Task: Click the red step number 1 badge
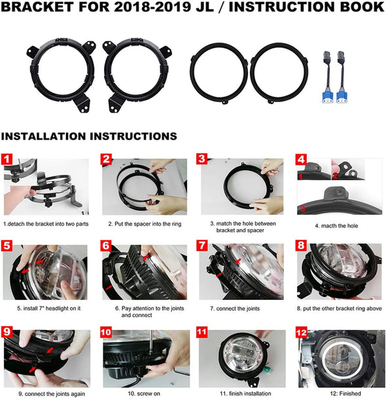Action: pos(7,159)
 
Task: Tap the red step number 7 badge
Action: pos(202,245)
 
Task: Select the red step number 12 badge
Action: pos(302,332)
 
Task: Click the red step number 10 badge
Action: pos(106,332)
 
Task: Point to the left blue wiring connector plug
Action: pos(328,97)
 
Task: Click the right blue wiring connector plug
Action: pos(342,97)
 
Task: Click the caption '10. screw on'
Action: pos(144,393)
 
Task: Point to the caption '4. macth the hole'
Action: pos(336,226)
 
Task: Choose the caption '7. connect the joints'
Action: pos(235,309)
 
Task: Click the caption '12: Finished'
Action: pos(345,393)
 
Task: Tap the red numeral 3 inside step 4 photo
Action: pos(302,209)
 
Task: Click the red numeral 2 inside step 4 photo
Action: pos(335,175)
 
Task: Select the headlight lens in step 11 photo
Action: pos(242,356)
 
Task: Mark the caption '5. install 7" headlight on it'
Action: pos(48,308)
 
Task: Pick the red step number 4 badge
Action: pos(302,160)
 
